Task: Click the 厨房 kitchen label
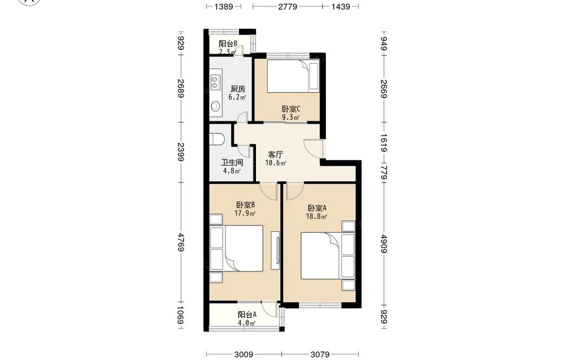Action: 238,89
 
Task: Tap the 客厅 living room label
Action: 275,155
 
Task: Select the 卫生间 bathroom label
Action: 232,163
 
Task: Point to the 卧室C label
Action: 291,109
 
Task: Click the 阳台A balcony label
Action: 247,315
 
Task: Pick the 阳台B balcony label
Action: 228,44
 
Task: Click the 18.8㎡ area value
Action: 316,216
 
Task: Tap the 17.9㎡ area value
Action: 245,213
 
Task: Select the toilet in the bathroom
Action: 217,138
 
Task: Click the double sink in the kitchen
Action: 215,82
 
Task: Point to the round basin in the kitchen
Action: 215,106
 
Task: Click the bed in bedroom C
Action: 293,75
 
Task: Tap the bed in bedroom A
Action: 322,256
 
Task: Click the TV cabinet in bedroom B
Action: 275,249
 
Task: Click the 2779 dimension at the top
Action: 288,6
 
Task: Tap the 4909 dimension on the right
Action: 384,244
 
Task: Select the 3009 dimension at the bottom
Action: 244,354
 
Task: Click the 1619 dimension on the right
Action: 384,143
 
